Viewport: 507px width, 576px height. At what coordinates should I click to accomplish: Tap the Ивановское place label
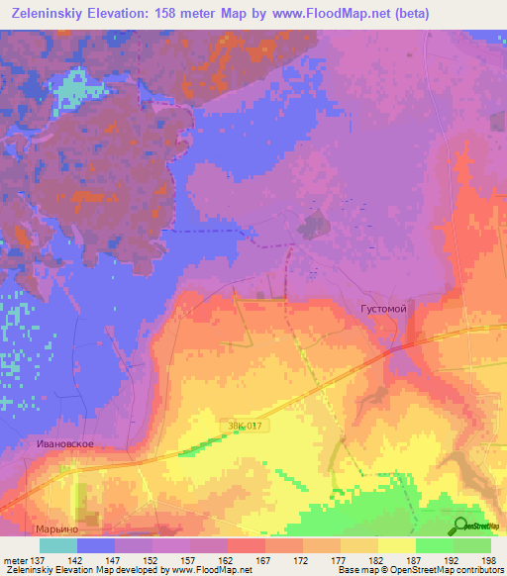[63, 444]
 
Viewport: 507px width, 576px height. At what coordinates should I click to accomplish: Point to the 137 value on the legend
[38, 558]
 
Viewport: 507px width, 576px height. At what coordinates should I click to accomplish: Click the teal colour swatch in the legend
[57, 545]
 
